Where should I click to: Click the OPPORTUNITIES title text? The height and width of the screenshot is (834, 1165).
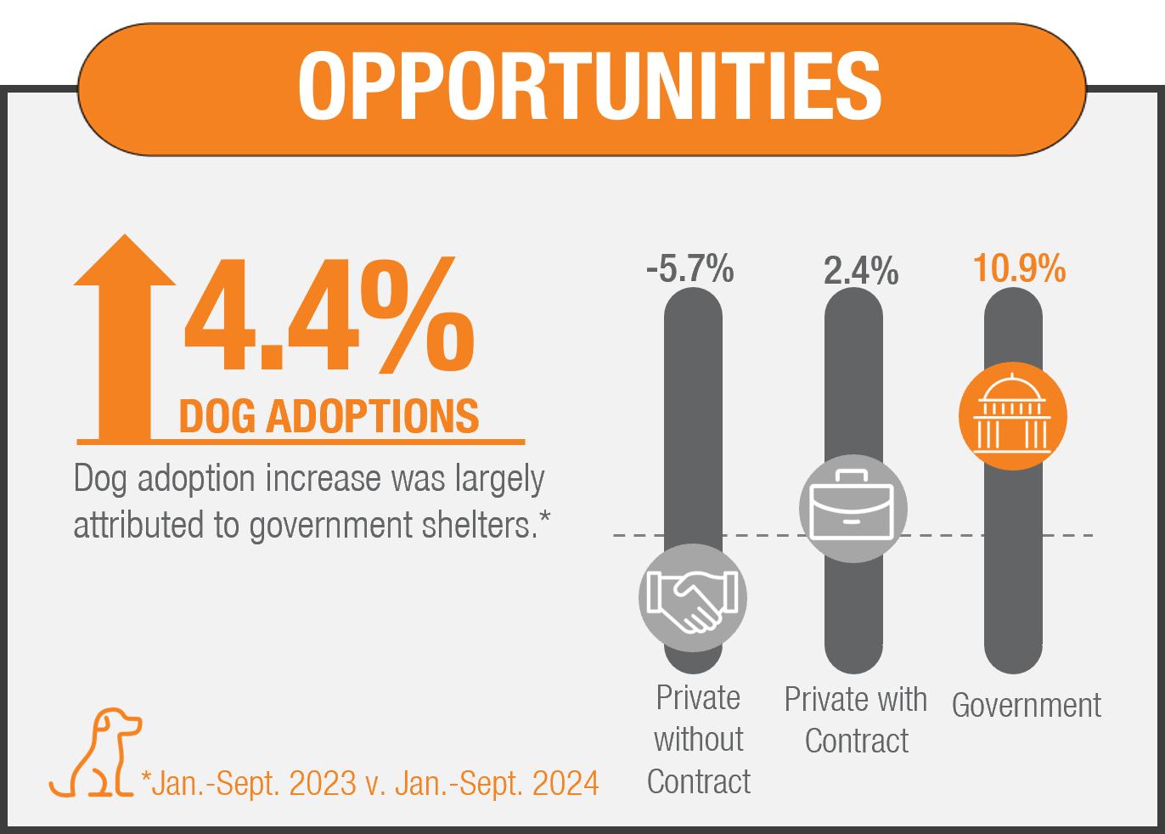(589, 87)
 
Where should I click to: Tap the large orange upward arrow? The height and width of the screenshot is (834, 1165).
(125, 340)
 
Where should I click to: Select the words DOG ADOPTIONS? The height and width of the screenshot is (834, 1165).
(329, 417)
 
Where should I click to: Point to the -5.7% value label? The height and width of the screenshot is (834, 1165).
(689, 269)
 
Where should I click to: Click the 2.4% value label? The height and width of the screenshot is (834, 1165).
(860, 271)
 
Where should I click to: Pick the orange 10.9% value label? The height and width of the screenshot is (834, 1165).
(1019, 268)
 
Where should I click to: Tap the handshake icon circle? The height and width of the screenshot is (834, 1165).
(692, 598)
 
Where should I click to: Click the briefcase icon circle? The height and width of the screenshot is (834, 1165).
(853, 510)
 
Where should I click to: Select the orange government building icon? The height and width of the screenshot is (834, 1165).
(1012, 416)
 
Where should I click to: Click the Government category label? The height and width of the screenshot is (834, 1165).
(1026, 705)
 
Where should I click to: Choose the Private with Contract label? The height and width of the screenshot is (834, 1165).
(856, 720)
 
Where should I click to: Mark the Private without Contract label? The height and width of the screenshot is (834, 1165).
(698, 740)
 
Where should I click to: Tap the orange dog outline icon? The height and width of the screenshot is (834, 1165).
(95, 754)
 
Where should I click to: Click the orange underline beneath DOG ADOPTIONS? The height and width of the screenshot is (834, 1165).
(301, 442)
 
